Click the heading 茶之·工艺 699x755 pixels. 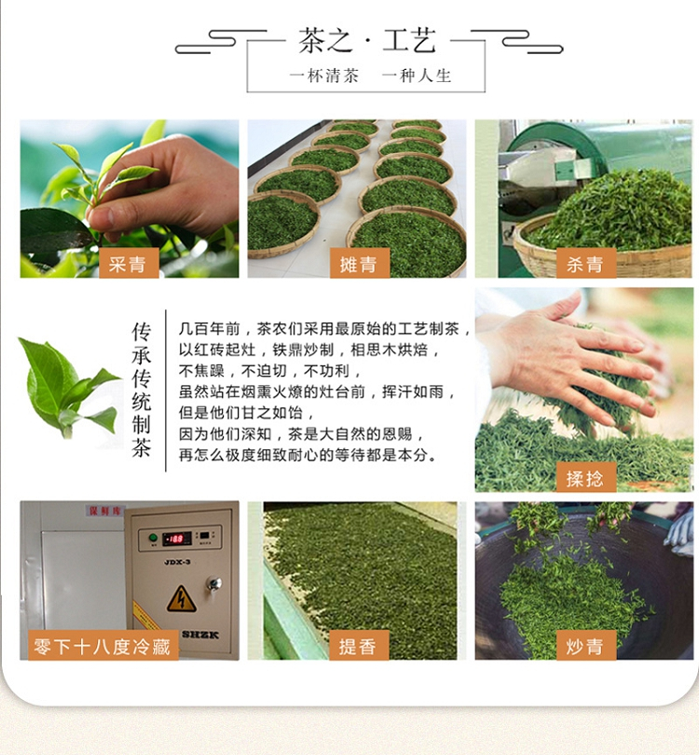pos(367,40)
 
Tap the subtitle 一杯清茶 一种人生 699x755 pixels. pos(370,75)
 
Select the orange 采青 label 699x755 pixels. pos(129,263)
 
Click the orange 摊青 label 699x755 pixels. pos(359,263)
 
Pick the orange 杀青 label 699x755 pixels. pos(586,263)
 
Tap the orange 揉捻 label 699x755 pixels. pos(586,477)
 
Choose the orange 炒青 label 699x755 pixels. pos(586,645)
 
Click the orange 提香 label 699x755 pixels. pos(359,645)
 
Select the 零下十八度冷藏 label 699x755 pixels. pos(103,645)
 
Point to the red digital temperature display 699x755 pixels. pos(177,539)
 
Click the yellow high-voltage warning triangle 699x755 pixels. pos(182,599)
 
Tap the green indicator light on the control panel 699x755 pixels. pos(153,538)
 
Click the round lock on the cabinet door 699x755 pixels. pos(214,584)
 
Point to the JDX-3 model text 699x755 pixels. pos(177,562)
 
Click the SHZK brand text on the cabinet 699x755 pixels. pos(200,635)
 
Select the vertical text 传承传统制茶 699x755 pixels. pos(142,390)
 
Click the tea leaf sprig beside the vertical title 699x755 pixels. pos(69,388)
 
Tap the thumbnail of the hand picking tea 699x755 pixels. pos(130,199)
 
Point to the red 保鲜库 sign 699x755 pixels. pos(105,511)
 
